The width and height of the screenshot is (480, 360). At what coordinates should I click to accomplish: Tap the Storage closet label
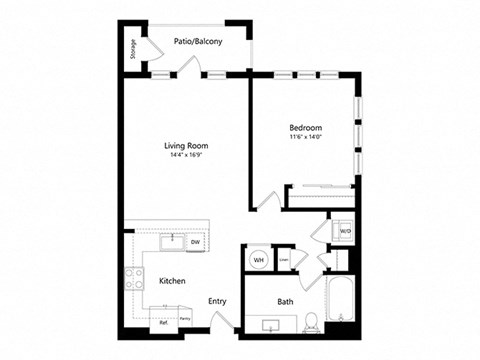click(x=134, y=49)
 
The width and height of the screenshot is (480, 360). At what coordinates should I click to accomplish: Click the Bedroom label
click(x=305, y=128)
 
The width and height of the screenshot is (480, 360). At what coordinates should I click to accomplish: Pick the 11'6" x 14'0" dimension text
click(x=305, y=138)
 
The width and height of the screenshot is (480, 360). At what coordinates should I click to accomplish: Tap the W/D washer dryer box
click(x=345, y=231)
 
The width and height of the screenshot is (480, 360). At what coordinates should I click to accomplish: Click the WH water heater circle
click(x=258, y=260)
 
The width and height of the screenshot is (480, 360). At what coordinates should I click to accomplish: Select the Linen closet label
click(x=284, y=260)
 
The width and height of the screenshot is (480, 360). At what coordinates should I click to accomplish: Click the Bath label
click(x=285, y=301)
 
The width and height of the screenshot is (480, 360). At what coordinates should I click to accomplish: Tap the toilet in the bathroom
click(x=312, y=320)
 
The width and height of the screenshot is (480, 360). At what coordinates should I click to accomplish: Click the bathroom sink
click(x=272, y=325)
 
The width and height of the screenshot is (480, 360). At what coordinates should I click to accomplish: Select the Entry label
click(x=217, y=301)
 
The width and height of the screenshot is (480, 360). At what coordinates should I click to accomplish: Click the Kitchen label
click(x=172, y=282)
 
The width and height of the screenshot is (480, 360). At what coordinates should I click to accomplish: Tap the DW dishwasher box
click(x=195, y=242)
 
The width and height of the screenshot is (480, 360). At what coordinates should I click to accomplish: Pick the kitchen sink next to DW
click(x=171, y=241)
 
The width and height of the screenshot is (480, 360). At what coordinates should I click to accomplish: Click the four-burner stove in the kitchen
click(x=134, y=279)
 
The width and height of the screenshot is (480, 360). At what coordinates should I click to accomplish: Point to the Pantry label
click(x=185, y=319)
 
